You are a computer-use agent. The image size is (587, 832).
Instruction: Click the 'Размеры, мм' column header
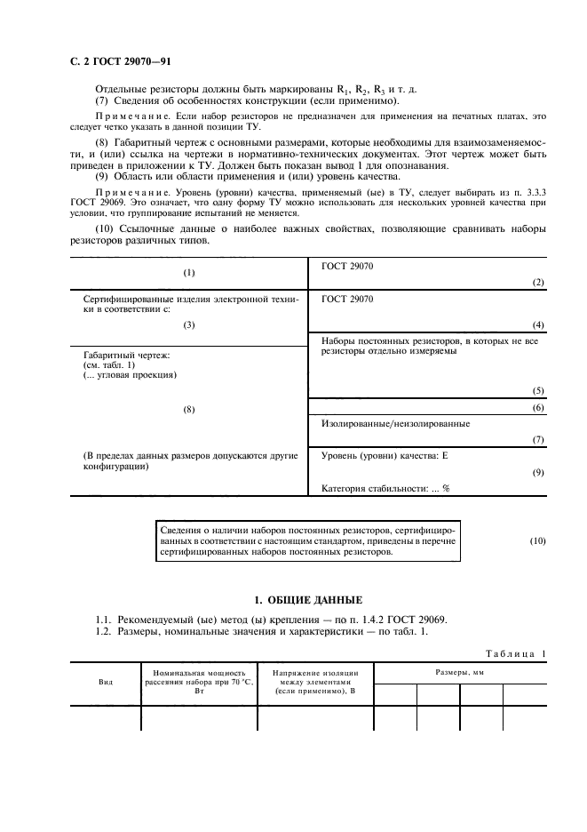tap(460, 674)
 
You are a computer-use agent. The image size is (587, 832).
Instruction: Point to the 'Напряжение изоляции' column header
tap(315, 682)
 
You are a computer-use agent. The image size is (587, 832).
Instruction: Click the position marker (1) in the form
tap(188, 273)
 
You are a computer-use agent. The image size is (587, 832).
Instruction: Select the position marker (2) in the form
tap(537, 282)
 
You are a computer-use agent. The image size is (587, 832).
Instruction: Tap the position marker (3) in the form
tap(188, 325)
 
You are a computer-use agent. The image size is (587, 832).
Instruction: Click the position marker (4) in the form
tap(537, 325)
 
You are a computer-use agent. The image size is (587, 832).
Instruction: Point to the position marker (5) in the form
tap(537, 390)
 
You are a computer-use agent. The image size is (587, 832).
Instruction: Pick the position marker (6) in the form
tap(537, 407)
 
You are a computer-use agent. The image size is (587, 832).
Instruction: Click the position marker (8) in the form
tap(188, 409)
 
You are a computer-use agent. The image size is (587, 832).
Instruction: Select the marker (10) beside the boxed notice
tap(537, 540)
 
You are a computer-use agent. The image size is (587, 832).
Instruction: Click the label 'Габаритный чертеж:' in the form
tap(125, 356)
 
